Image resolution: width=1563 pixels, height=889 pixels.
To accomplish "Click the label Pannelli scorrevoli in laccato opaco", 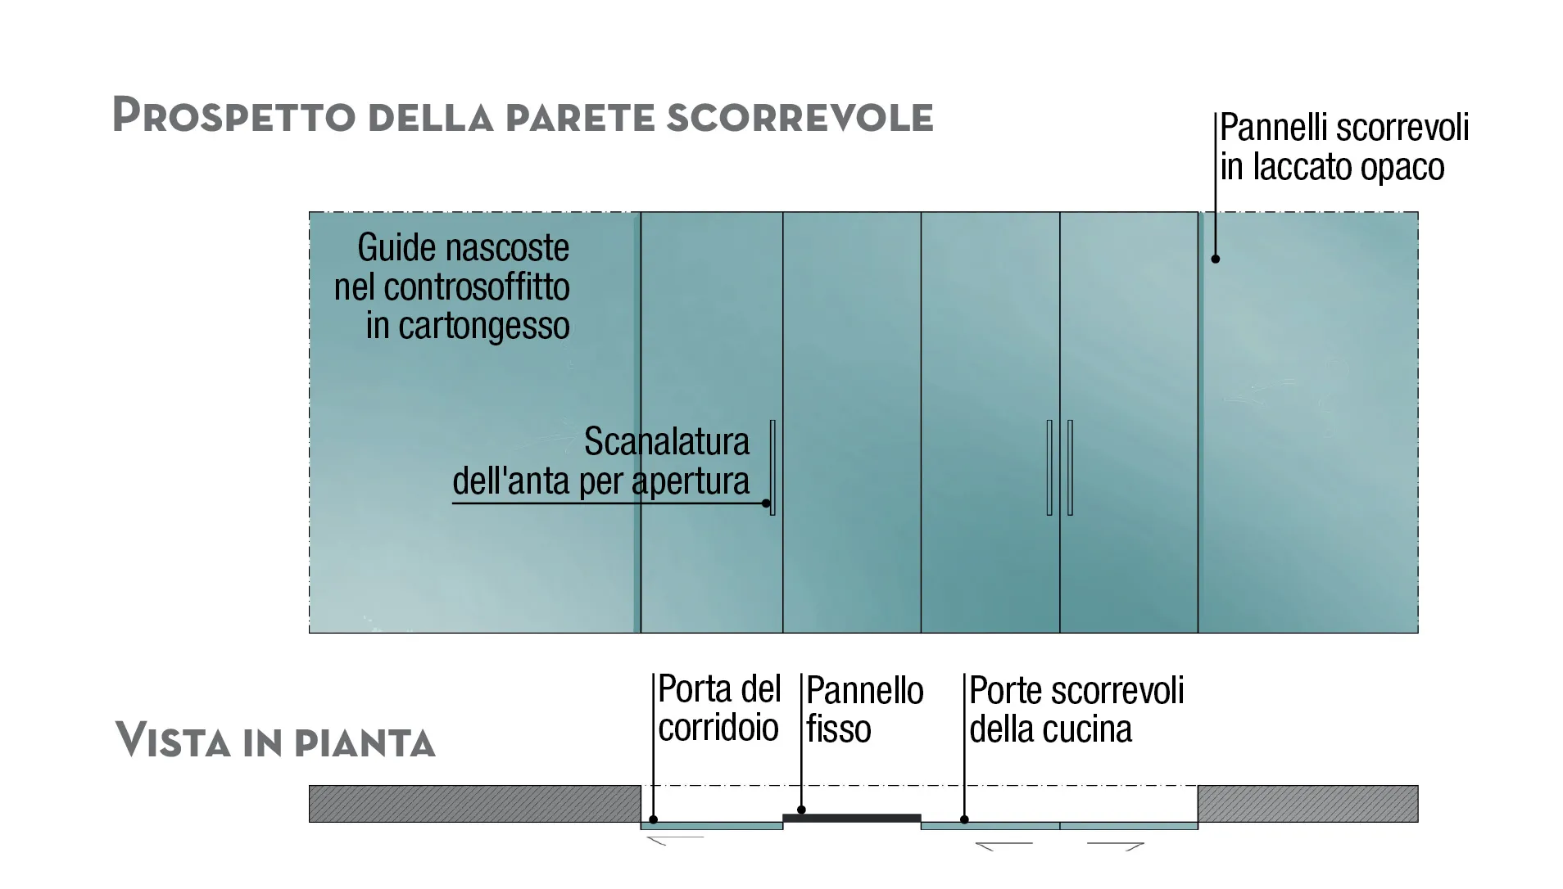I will pyautogui.click(x=1343, y=147).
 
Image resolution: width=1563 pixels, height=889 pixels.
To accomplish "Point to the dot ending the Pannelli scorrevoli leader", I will pyautogui.click(x=1216, y=259).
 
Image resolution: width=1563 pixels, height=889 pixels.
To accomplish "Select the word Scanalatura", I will pyautogui.click(x=666, y=442).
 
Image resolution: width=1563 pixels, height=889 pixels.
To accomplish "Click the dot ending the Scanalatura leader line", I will pyautogui.click(x=767, y=503).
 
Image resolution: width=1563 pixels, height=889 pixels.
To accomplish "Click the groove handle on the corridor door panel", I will pyautogui.click(x=772, y=467).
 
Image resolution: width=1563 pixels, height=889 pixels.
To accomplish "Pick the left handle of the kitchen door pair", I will pyautogui.click(x=1049, y=467).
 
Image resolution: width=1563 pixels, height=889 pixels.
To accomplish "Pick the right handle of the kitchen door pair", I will pyautogui.click(x=1070, y=467).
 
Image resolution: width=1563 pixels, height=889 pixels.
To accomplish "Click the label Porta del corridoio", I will pyautogui.click(x=718, y=708).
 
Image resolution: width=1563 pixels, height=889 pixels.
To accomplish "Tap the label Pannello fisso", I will pyautogui.click(x=864, y=710).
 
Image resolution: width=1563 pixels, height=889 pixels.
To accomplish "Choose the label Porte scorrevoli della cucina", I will pyautogui.click(x=1076, y=710).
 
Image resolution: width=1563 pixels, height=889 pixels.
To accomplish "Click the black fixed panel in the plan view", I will pyautogui.click(x=852, y=818).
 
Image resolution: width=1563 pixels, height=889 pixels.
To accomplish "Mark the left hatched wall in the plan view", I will pyautogui.click(x=474, y=803).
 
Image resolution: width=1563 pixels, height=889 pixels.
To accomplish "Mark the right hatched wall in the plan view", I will pyautogui.click(x=1307, y=803).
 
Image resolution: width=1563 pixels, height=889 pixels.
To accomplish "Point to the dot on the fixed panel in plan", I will pyautogui.click(x=802, y=810).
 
